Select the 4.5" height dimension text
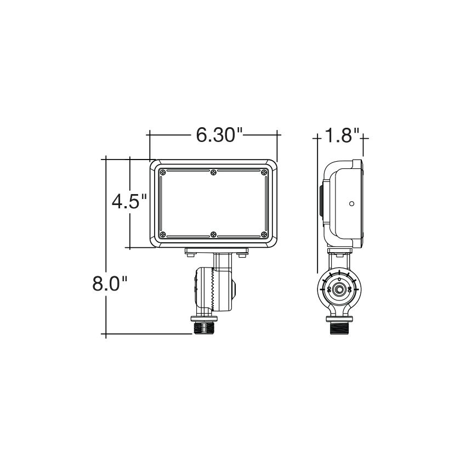tap(130, 202)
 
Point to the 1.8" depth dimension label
tap(342, 135)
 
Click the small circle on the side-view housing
tap(352, 203)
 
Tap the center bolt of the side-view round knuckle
tap(340, 289)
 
